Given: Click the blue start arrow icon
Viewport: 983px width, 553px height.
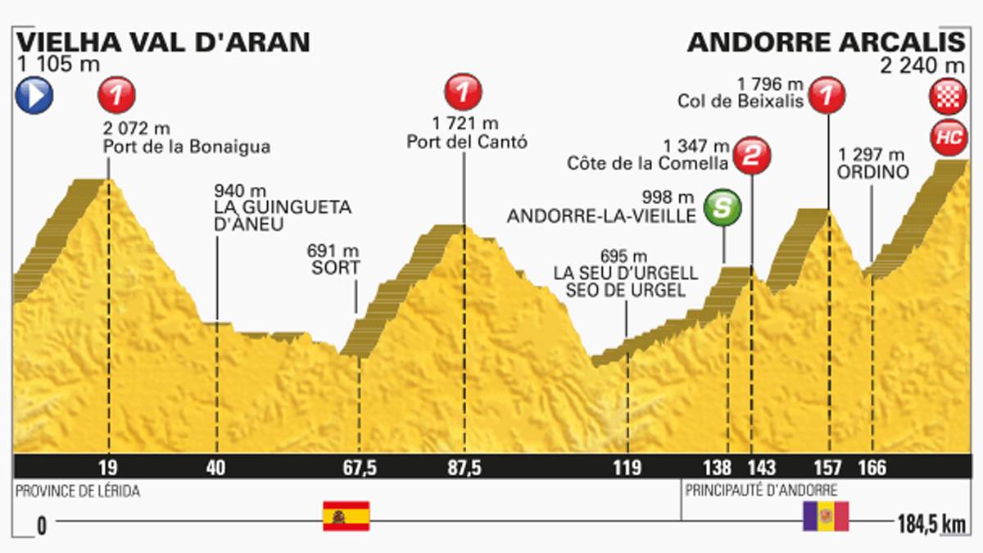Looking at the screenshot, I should [34, 96].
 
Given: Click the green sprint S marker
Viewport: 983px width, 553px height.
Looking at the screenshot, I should [724, 206].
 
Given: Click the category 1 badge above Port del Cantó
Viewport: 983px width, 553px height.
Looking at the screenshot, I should [464, 91].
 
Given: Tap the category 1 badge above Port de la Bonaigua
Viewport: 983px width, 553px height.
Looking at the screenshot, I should [116, 94].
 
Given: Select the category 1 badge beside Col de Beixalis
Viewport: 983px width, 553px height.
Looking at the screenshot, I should [828, 94].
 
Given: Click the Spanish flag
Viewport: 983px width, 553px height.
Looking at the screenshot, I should [346, 516].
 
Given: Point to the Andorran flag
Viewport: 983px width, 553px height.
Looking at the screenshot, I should [826, 517].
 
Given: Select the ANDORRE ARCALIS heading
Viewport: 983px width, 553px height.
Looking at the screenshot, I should [827, 42].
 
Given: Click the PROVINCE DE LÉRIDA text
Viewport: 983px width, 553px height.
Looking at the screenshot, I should [77, 492].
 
